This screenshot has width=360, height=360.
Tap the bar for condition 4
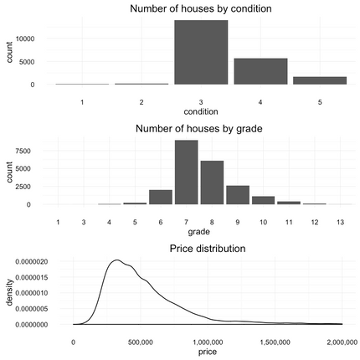coord(260,71)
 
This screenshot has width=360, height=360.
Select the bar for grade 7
coord(187,172)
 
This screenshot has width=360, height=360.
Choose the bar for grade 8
coord(213,183)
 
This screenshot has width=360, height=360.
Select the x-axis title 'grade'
coord(198,231)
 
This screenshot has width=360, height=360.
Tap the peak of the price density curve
coord(118,260)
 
